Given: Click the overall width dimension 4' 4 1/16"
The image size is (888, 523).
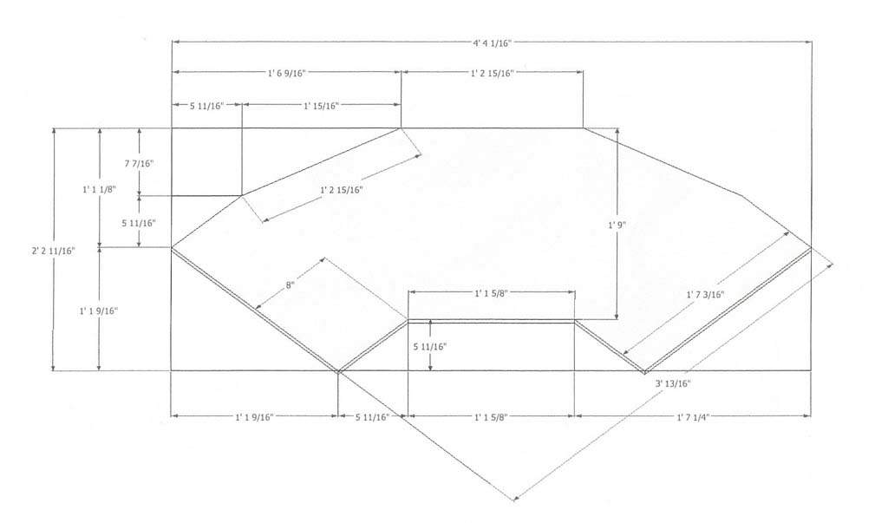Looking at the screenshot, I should (492, 41).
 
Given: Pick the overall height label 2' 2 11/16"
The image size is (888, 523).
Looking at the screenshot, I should (53, 251).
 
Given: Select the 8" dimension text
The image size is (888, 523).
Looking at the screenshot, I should (290, 284).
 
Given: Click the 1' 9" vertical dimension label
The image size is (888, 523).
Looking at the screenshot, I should (617, 225).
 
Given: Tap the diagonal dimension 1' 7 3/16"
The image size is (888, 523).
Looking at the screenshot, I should (702, 295).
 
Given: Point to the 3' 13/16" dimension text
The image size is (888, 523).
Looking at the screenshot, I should (673, 382).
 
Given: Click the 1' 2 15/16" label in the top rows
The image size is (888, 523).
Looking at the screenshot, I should (492, 73).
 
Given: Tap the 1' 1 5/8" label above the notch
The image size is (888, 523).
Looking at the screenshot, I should (492, 293).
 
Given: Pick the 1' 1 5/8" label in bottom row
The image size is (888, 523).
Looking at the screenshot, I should (492, 417).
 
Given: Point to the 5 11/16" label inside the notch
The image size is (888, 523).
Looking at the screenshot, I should (430, 346).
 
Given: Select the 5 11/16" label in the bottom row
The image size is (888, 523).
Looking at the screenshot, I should (372, 417).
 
